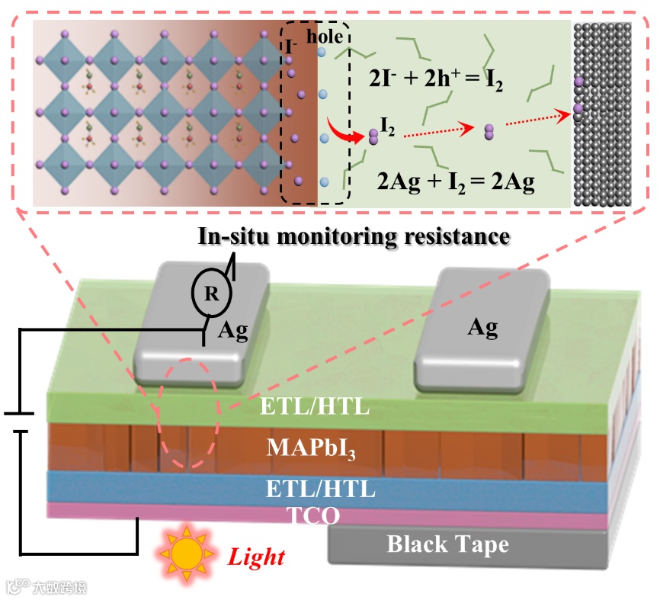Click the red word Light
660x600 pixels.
(x=257, y=557)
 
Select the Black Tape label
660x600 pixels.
(x=447, y=544)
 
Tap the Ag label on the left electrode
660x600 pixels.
(x=235, y=329)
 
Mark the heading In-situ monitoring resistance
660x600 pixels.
(x=354, y=236)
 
